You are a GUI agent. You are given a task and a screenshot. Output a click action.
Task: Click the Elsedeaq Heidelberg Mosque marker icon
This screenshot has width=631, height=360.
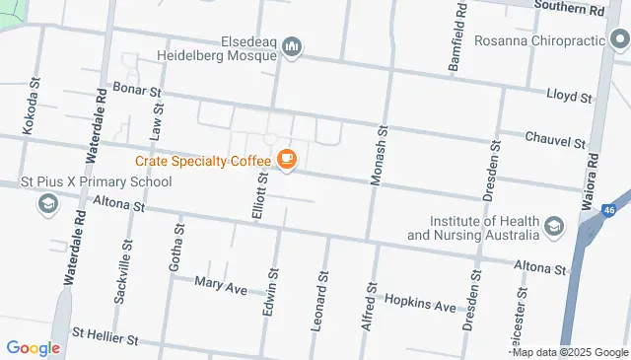(292, 46)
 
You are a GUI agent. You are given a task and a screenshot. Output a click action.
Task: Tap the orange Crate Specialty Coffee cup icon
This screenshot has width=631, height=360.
(287, 160)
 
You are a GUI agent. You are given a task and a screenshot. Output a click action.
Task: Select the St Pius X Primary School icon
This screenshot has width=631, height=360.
(46, 204)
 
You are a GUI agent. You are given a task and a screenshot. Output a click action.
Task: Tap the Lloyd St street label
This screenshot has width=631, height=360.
(569, 99)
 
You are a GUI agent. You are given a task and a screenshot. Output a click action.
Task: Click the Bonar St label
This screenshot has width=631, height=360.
(138, 90)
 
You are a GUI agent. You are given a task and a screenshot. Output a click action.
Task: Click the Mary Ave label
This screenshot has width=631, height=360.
(220, 287)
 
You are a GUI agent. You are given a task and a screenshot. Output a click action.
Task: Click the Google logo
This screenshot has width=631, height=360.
(34, 348)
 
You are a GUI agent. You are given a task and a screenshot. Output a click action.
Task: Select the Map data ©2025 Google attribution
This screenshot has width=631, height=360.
(570, 352)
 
